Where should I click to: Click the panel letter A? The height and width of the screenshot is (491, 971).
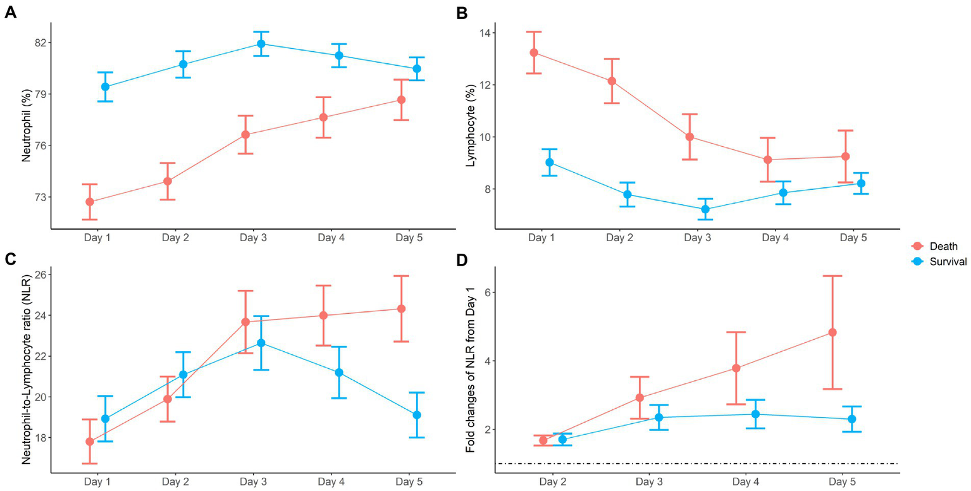pos(10,13)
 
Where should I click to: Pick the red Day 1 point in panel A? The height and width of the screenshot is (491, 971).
pos(90,202)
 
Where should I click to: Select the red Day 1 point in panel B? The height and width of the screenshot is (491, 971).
pos(534,53)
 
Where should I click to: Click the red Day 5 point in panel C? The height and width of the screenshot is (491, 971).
pos(401,309)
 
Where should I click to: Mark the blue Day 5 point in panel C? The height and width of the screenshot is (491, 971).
pos(417,415)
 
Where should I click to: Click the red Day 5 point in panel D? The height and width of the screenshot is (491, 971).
pos(832,332)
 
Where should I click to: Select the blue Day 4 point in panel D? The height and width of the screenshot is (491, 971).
pos(755,414)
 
